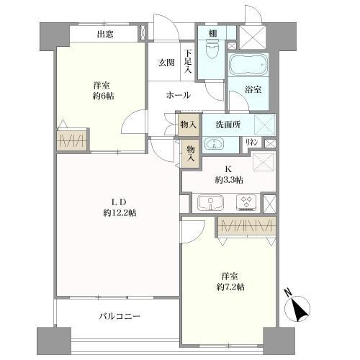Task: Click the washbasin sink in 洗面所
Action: (214, 143)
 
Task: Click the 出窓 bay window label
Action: (105, 33)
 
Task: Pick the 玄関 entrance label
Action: (167, 62)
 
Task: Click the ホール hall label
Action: (178, 95)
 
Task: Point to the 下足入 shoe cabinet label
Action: (187, 61)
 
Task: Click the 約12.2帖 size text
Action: (119, 212)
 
